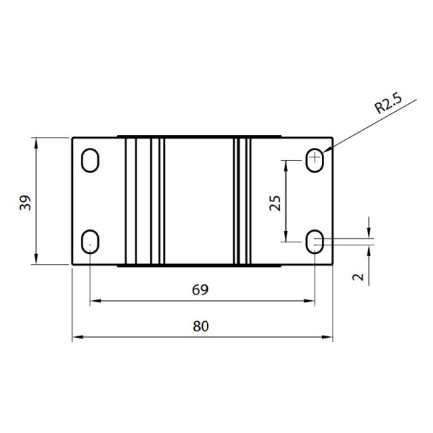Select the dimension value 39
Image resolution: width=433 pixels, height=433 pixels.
pyautogui.click(x=25, y=203)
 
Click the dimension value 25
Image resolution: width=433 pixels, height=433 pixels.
pyautogui.click(x=275, y=203)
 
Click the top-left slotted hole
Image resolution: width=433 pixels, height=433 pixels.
pyautogui.click(x=91, y=160)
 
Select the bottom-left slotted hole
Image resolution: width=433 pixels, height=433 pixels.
pyautogui.click(x=91, y=241)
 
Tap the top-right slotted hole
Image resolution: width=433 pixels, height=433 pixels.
pyautogui.click(x=315, y=159)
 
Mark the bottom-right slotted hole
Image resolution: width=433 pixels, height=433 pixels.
pyautogui.click(x=315, y=242)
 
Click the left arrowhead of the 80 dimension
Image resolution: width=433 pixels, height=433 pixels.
pyautogui.click(x=76, y=336)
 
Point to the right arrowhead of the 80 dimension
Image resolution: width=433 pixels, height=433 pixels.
pyautogui.click(x=328, y=336)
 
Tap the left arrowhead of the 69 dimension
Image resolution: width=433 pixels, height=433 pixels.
pyautogui.click(x=93, y=301)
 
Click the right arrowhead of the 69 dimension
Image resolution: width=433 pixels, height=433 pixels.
pyautogui.click(x=312, y=301)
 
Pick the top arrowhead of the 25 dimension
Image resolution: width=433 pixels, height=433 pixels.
pyautogui.click(x=287, y=164)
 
